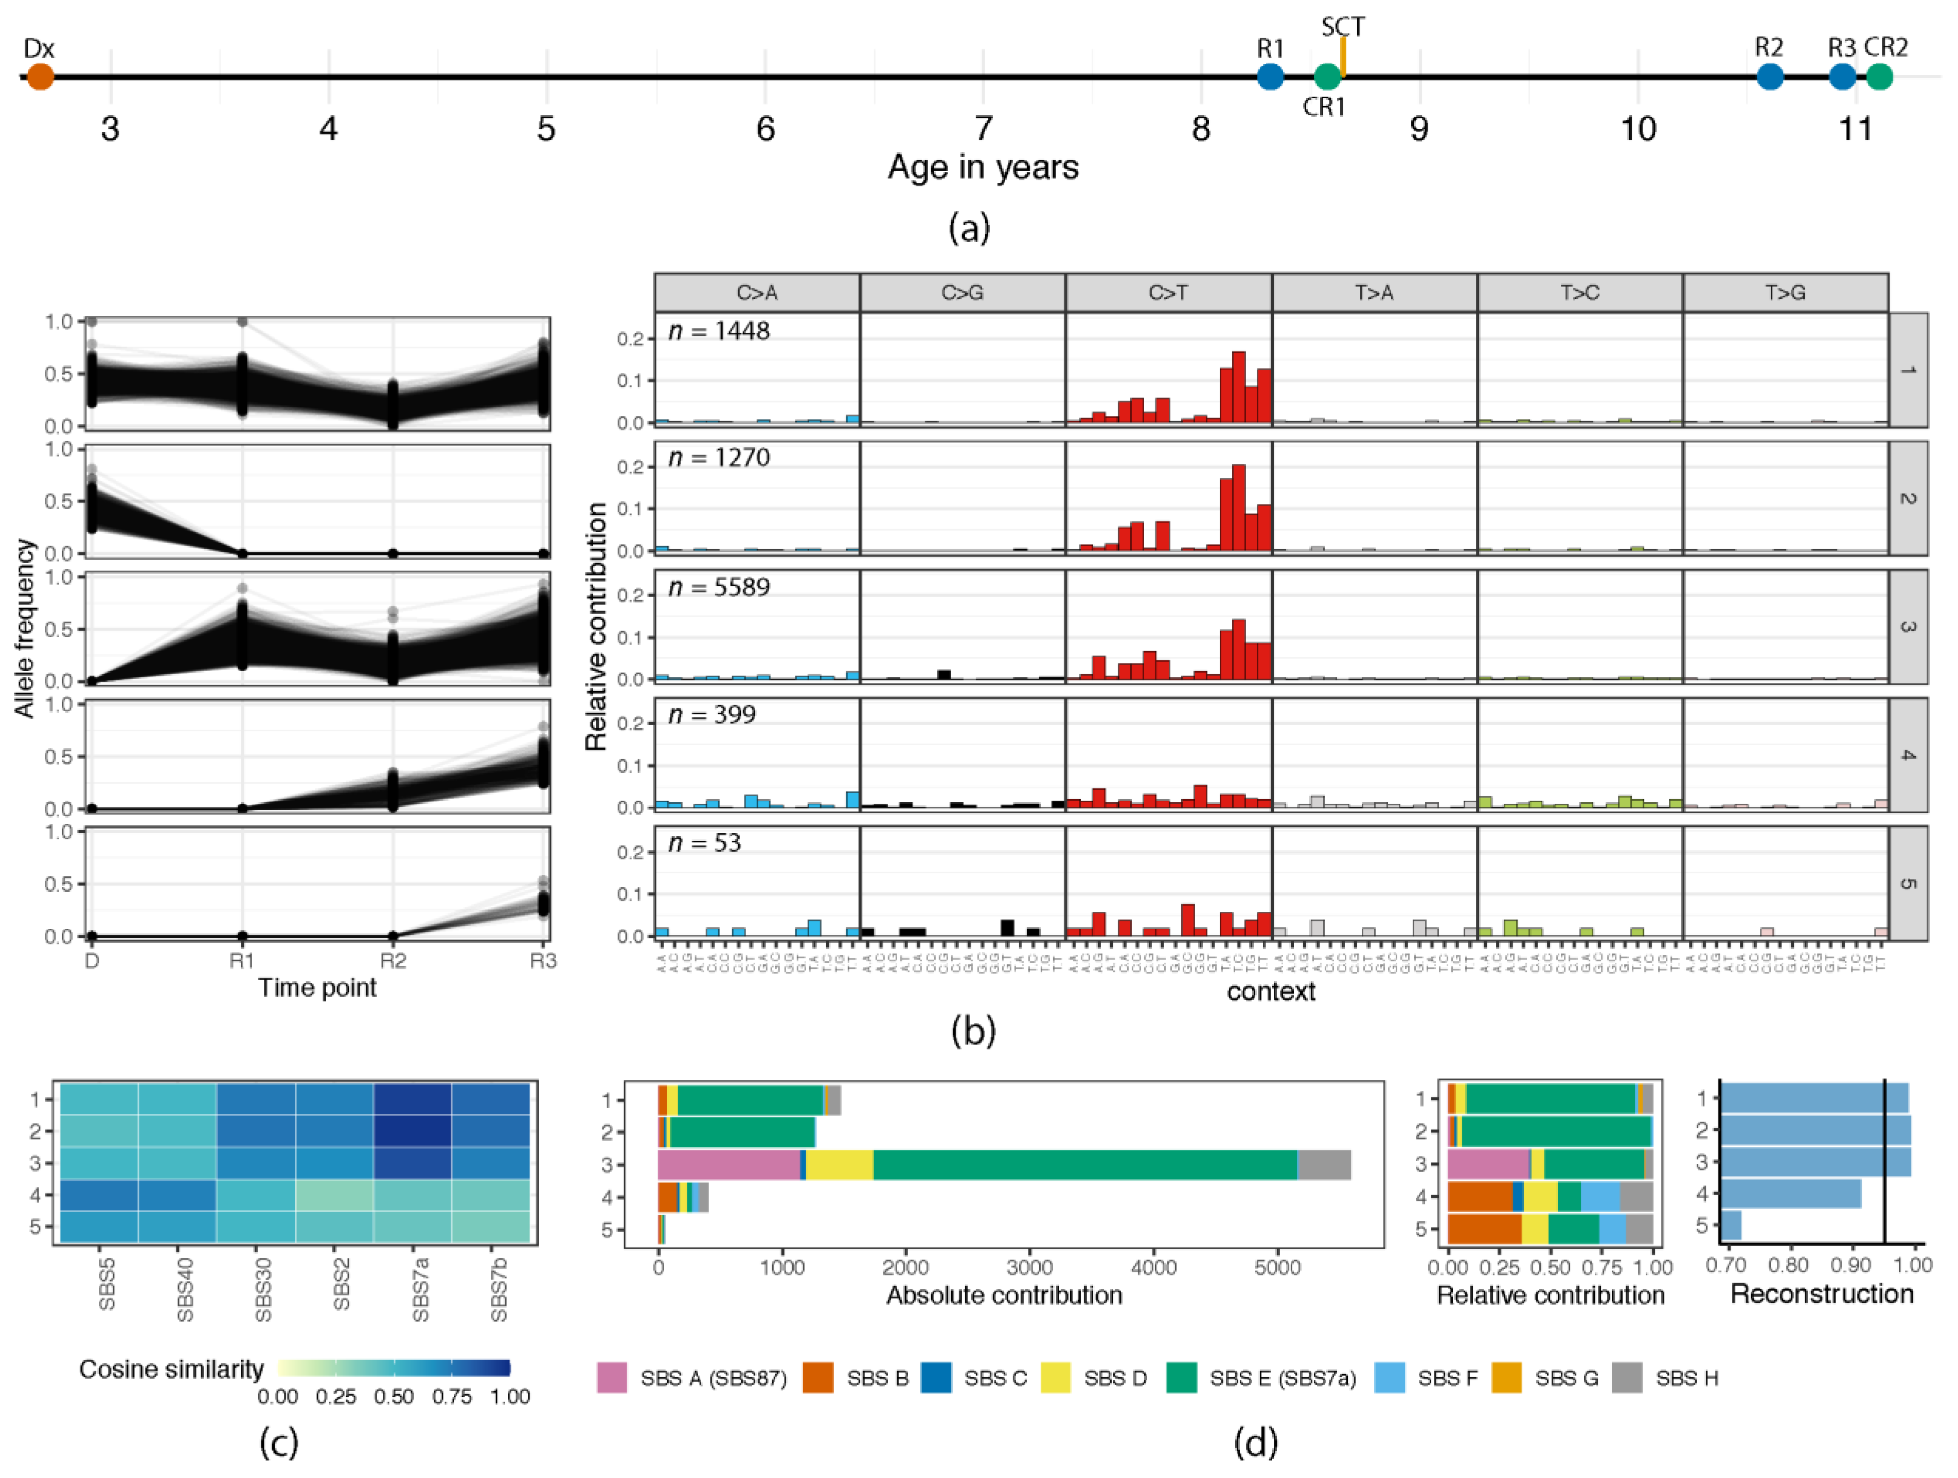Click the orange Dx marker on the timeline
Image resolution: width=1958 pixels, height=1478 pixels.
point(40,77)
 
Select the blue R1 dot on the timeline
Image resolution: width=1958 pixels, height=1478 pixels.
point(1270,77)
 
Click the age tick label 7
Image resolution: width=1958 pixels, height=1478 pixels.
point(984,129)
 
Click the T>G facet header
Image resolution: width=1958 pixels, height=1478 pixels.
point(1785,293)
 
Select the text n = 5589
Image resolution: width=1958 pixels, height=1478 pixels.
point(719,588)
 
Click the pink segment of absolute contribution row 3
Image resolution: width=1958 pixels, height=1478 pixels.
point(728,1165)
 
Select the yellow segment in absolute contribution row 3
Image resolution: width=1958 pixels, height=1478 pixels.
point(839,1165)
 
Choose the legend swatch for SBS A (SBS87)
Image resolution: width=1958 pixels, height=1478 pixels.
point(613,1378)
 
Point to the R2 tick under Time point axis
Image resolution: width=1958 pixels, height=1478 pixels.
point(393,961)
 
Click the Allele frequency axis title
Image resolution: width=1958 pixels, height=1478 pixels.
point(25,628)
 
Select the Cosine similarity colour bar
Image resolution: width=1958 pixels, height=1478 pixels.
point(394,1368)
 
